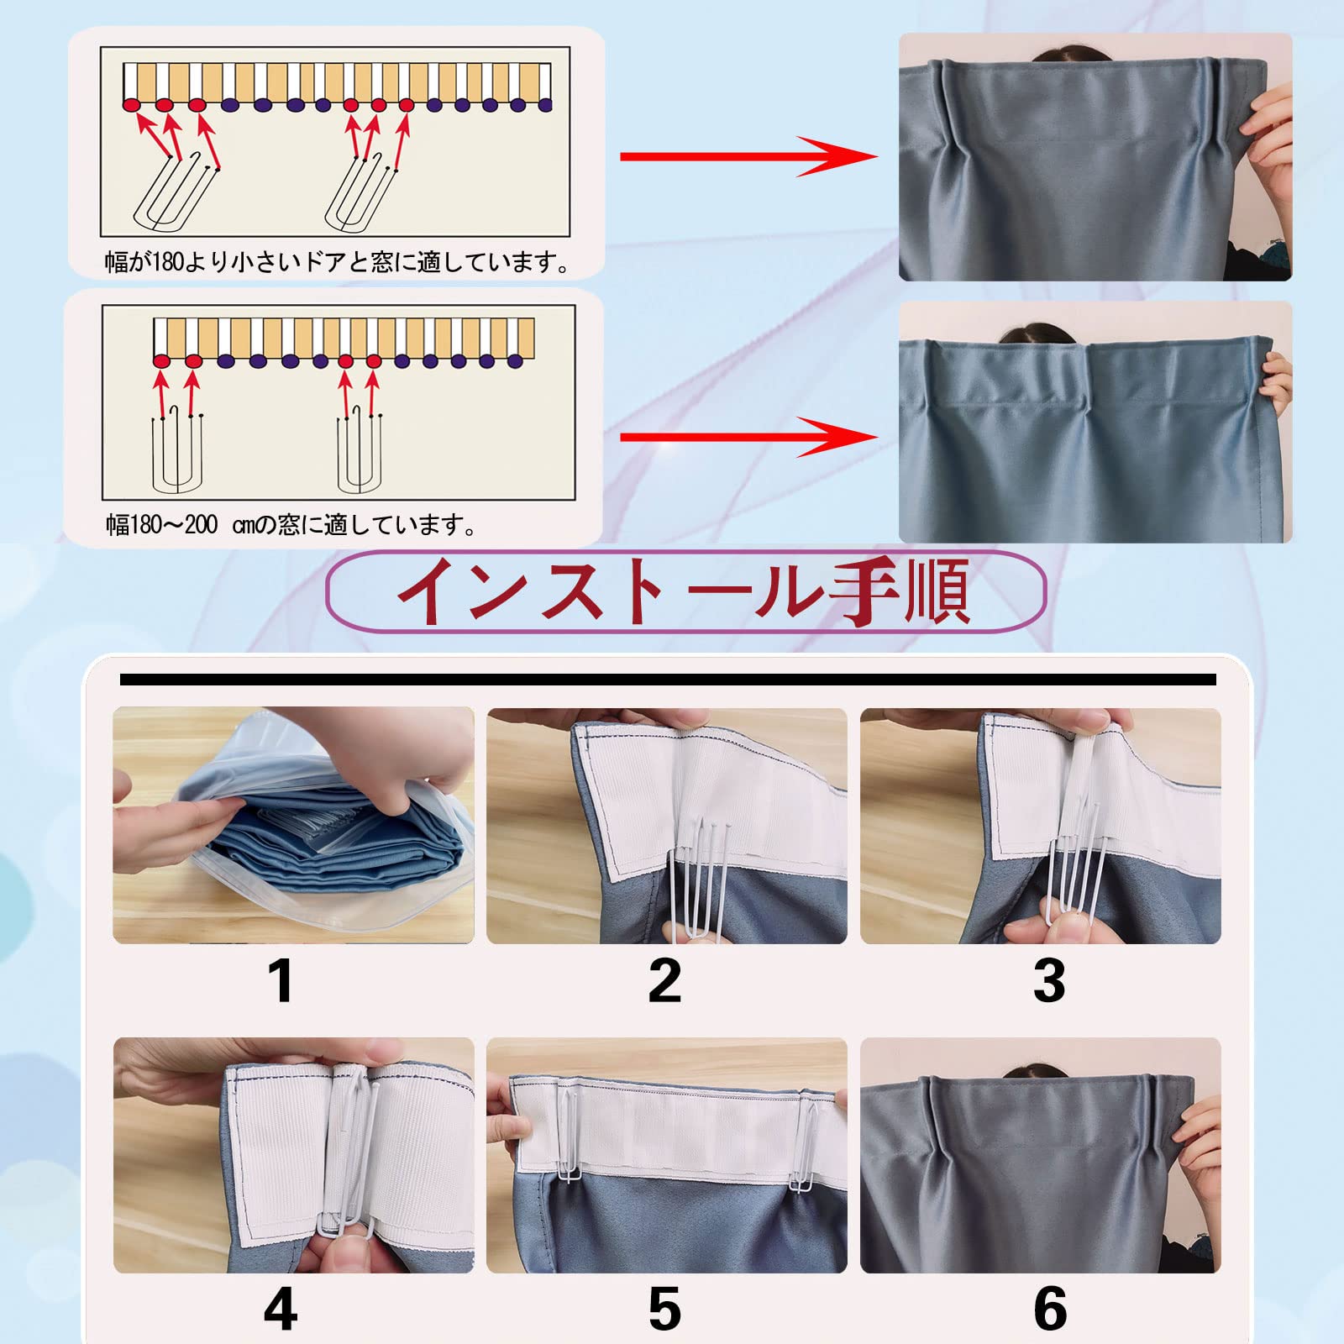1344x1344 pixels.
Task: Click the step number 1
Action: coord(282,981)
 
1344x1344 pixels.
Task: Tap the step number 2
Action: coord(664,980)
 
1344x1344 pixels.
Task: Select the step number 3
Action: coord(1049,980)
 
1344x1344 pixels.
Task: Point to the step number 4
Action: coord(281,1309)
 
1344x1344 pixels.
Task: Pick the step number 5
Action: coord(664,1309)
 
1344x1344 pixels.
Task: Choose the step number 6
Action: coord(1050,1309)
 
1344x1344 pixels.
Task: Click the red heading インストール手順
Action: coord(685,591)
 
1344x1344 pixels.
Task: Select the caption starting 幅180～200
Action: coord(291,526)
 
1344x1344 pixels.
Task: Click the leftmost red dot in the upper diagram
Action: coord(132,105)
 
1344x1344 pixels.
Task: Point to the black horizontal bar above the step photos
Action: coord(668,680)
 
